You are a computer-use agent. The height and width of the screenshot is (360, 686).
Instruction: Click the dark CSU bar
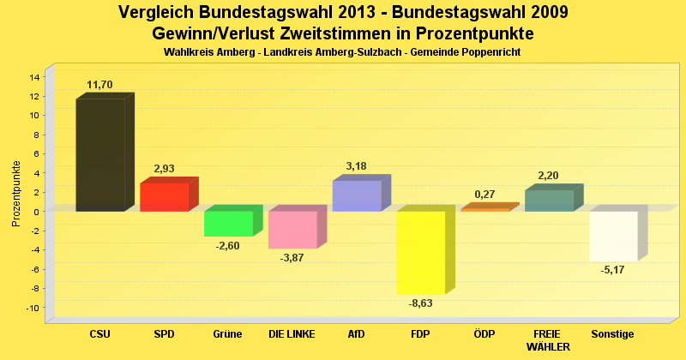click(100, 155)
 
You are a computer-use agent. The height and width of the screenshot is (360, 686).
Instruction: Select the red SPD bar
click(164, 197)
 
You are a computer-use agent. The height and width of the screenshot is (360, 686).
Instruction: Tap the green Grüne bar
click(228, 223)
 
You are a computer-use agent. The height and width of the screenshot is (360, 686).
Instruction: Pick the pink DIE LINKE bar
click(292, 229)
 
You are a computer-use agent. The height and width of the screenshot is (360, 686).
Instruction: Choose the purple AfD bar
click(357, 196)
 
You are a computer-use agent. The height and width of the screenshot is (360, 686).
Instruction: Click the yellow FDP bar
click(420, 252)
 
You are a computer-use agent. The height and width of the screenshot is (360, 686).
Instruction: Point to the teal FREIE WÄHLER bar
click(549, 201)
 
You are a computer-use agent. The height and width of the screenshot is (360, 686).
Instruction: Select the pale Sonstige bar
click(613, 236)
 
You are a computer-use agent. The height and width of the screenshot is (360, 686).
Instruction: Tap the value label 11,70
click(100, 85)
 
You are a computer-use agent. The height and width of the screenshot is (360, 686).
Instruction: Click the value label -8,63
click(420, 303)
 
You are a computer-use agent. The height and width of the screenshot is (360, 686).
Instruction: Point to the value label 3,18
click(356, 166)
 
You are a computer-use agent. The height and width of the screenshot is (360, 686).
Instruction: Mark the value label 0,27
click(484, 195)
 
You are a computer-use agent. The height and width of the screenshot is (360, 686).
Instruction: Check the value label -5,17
click(613, 270)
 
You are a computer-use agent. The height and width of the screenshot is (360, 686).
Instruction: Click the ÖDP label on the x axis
click(484, 334)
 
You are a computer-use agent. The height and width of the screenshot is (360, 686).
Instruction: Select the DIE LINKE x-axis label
click(292, 334)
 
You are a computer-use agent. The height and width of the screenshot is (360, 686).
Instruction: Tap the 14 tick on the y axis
click(35, 77)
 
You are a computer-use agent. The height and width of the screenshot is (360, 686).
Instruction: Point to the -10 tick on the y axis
click(33, 308)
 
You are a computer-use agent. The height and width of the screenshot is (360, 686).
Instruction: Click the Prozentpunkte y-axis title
click(16, 194)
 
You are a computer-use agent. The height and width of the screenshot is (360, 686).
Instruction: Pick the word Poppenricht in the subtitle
click(491, 53)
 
